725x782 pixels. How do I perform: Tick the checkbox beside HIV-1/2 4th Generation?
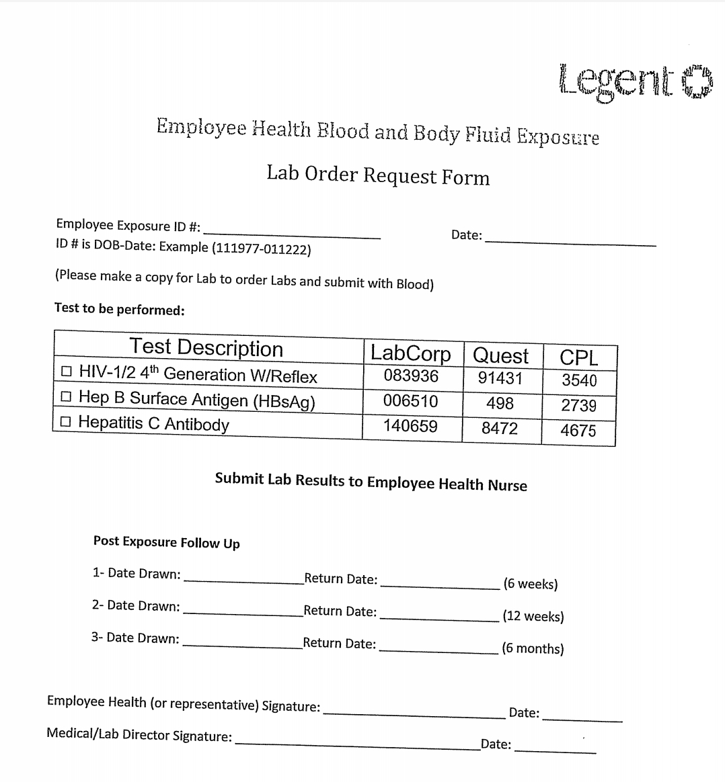[66, 371]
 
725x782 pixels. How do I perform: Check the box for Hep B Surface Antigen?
[66, 396]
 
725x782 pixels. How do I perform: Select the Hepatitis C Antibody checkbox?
[65, 422]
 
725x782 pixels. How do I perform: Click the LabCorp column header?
[410, 353]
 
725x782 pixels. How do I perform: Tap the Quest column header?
[501, 355]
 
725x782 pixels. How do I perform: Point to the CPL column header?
[579, 357]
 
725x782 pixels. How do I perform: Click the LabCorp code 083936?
[411, 376]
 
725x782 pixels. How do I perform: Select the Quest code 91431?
[500, 379]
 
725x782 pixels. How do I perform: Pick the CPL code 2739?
[578, 406]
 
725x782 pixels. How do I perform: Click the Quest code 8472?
[500, 429]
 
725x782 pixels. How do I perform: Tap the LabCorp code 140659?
[410, 427]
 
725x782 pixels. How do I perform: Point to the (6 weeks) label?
[531, 584]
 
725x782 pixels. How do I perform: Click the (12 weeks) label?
[533, 617]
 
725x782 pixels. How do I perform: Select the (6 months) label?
[533, 649]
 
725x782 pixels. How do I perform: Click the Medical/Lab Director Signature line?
[356, 744]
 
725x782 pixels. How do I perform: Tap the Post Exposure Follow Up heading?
[166, 542]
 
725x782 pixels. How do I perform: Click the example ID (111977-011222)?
[261, 249]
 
